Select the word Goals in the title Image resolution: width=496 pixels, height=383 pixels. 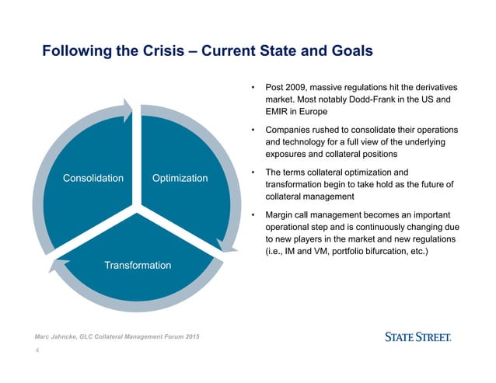[x=347, y=51]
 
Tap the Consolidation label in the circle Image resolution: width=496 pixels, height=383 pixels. [x=93, y=178]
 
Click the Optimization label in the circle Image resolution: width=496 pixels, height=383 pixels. [x=180, y=178]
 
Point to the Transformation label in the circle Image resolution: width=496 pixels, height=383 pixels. [x=138, y=266]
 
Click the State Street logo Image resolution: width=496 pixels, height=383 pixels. [x=418, y=337]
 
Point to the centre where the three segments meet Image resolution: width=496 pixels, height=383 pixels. [x=138, y=207]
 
